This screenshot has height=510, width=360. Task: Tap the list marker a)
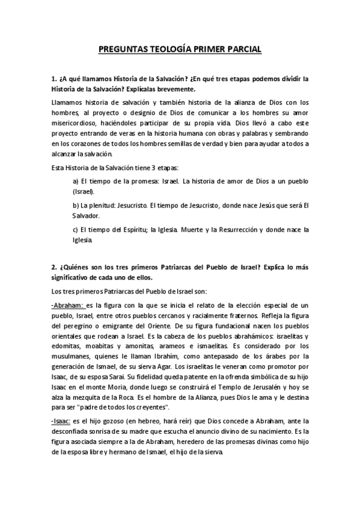[76, 180]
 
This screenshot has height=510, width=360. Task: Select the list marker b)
[76, 205]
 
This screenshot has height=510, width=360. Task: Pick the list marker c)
[76, 229]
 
